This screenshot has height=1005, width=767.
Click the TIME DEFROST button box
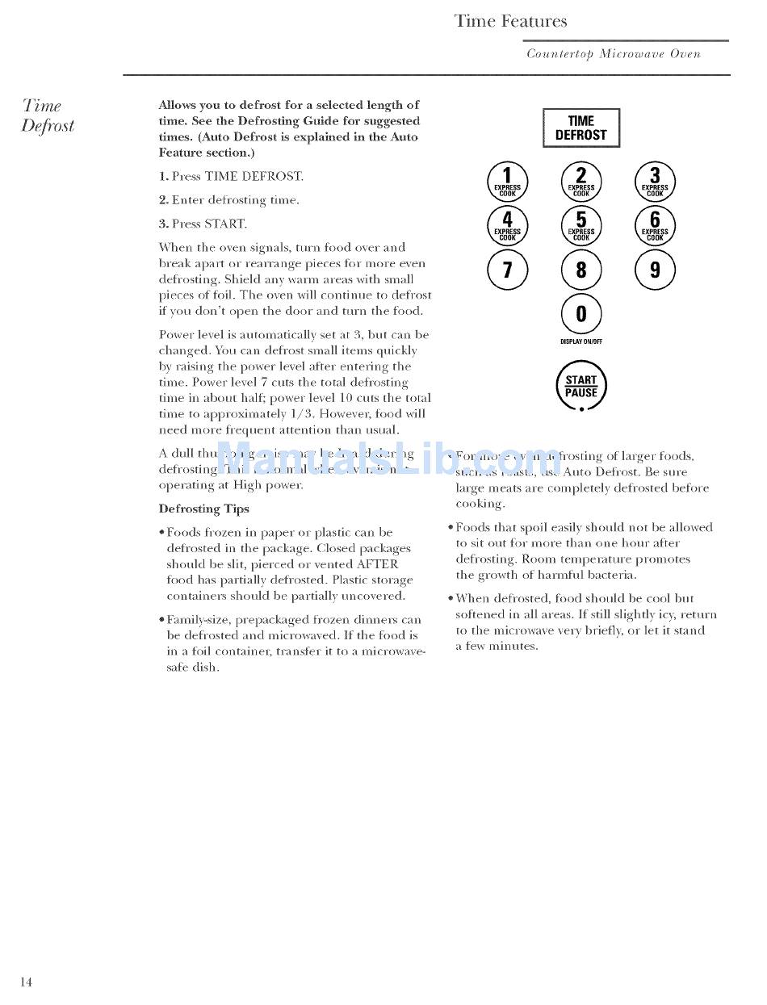pos(581,128)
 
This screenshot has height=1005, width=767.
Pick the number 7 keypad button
pos(508,270)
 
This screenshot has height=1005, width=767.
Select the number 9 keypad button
pos(655,270)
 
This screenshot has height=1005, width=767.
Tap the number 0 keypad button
pos(581,314)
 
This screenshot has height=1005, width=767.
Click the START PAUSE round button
pos(581,387)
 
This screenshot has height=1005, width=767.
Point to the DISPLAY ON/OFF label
pos(581,341)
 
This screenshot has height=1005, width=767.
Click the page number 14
pos(27,982)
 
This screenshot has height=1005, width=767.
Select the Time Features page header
pos(511,22)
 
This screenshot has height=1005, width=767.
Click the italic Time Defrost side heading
pos(48,115)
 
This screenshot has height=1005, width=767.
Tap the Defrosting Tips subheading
pos(204,509)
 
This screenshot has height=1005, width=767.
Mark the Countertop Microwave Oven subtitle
pos(614,54)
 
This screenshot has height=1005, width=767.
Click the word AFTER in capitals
pos(377,564)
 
